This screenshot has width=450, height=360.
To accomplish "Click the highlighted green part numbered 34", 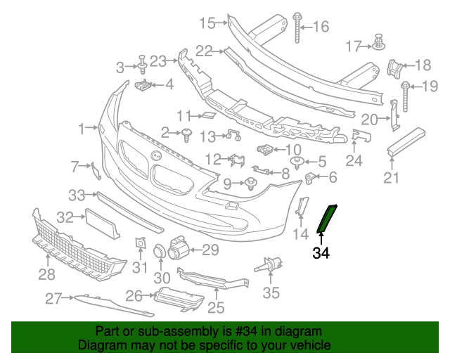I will click(328, 217).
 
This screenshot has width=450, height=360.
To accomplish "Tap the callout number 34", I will click(321, 252).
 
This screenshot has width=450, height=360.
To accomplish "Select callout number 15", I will click(206, 23).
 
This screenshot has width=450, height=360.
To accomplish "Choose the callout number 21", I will click(392, 178).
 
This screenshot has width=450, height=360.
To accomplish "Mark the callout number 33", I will click(76, 194).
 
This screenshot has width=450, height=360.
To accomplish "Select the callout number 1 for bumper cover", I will click(82, 129).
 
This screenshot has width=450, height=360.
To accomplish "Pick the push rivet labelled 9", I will click(250, 184).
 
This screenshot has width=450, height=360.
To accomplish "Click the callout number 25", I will click(216, 307).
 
